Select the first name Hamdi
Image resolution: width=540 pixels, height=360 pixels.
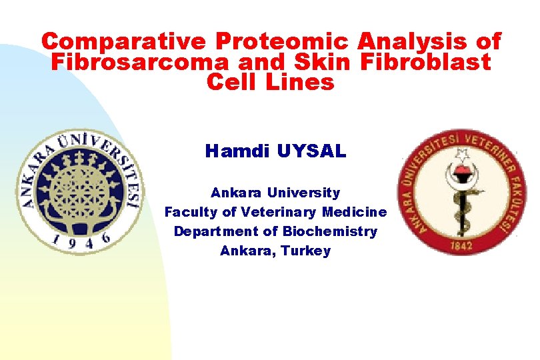coord(234,151)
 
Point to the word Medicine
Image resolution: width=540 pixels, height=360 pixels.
coord(354,212)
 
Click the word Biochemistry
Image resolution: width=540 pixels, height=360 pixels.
coord(329,231)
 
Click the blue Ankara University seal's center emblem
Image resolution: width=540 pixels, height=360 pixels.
coord(79,187)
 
